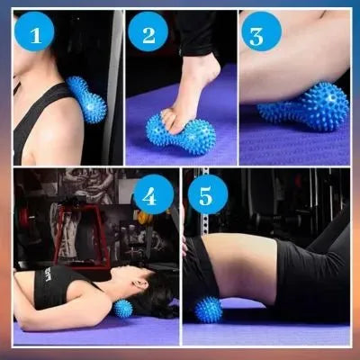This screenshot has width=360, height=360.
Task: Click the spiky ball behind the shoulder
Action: [x=87, y=99]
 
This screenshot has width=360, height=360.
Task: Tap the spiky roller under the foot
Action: [x=181, y=134]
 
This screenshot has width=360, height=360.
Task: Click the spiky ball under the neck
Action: [x=123, y=310]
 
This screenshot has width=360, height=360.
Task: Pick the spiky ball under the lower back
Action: [x=208, y=309]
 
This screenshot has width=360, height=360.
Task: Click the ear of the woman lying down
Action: [x=139, y=283]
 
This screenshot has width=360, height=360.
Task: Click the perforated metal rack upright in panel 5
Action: [x=205, y=207]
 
